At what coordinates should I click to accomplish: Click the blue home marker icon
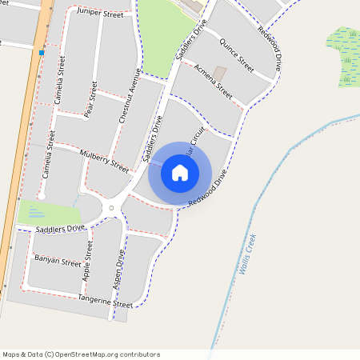180,172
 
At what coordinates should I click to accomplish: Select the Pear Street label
90,100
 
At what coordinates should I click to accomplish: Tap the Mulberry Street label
104,159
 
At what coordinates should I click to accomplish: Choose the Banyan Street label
58,261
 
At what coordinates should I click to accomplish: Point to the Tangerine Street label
105,302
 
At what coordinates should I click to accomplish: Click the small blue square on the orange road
41,53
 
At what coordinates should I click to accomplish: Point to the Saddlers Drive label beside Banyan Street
60,229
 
